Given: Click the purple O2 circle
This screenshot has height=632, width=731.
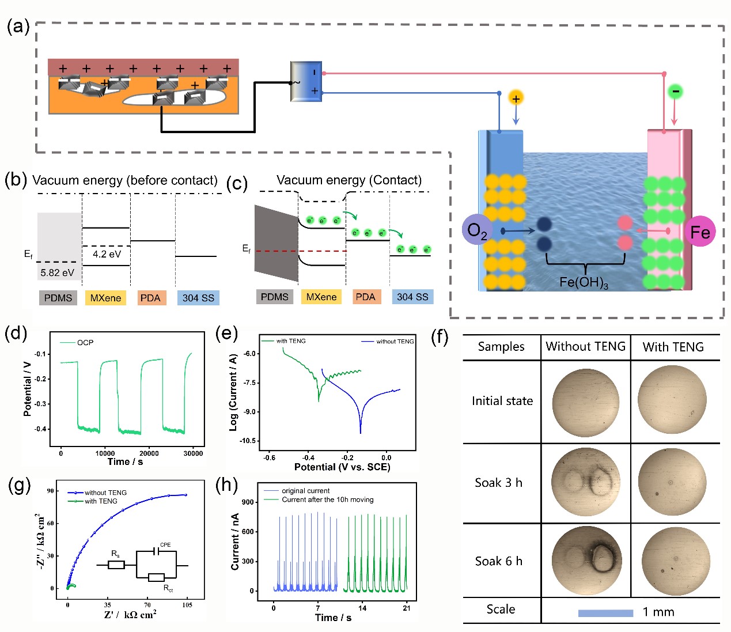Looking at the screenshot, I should coord(478,230).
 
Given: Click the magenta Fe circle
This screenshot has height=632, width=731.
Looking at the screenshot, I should coord(699,232).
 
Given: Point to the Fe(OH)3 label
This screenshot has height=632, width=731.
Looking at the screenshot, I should coord(584,282).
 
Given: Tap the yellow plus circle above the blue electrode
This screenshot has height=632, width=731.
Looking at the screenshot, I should coord(516,99).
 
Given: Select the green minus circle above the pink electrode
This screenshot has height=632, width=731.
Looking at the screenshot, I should coord(675,91).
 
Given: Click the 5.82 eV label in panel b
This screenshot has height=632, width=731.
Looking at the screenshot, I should coord(57,273).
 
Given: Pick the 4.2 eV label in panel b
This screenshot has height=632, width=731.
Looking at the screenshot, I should coord(107,254).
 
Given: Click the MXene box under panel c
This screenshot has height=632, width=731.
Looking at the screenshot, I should coord(321,297).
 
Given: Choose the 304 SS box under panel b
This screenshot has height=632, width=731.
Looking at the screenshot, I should coord(198,298).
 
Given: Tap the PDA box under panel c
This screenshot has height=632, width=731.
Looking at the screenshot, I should coord(365,297).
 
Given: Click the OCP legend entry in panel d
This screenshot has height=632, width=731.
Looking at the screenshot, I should coord(85,343).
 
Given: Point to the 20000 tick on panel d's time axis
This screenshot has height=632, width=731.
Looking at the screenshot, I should coord(149,453).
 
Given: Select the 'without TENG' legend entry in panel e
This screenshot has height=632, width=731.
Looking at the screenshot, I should coord(394,342).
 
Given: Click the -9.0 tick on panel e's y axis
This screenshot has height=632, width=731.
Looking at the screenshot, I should coord(249,412).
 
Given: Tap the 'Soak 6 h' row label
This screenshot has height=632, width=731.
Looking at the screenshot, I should coord(498,561).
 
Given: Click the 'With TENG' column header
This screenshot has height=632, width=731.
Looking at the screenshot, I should coord(673,347).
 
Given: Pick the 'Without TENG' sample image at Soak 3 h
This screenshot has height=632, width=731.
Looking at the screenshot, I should coord(585,482).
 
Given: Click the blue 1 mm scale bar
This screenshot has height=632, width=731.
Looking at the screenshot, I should coord(605,613).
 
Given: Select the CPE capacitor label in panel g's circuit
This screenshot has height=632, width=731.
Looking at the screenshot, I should coord(165,544).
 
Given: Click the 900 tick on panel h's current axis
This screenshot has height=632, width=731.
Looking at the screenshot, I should coord(248,502).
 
